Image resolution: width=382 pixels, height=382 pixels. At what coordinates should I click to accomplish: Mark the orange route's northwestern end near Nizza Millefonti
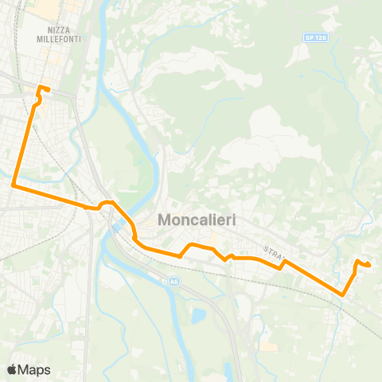click(49, 88)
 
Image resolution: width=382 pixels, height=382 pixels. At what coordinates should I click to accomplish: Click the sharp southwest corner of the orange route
click(14, 185)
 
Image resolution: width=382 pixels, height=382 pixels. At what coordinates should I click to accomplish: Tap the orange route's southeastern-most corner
click(343, 294)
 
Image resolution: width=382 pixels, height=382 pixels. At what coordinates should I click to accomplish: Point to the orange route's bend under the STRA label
click(284, 261)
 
